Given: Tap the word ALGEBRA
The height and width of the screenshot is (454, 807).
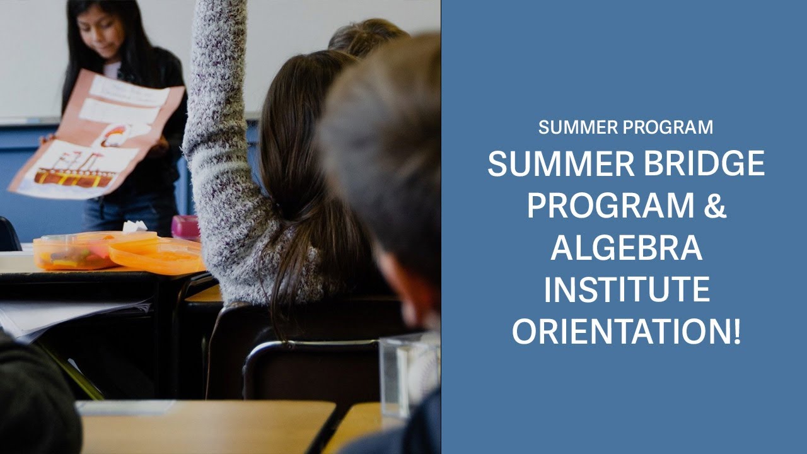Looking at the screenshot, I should [626, 248].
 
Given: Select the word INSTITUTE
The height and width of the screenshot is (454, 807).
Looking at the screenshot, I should [627, 289].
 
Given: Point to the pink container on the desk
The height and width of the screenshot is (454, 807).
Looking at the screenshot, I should [186, 227].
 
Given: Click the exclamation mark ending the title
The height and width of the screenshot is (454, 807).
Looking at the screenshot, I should [736, 331].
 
